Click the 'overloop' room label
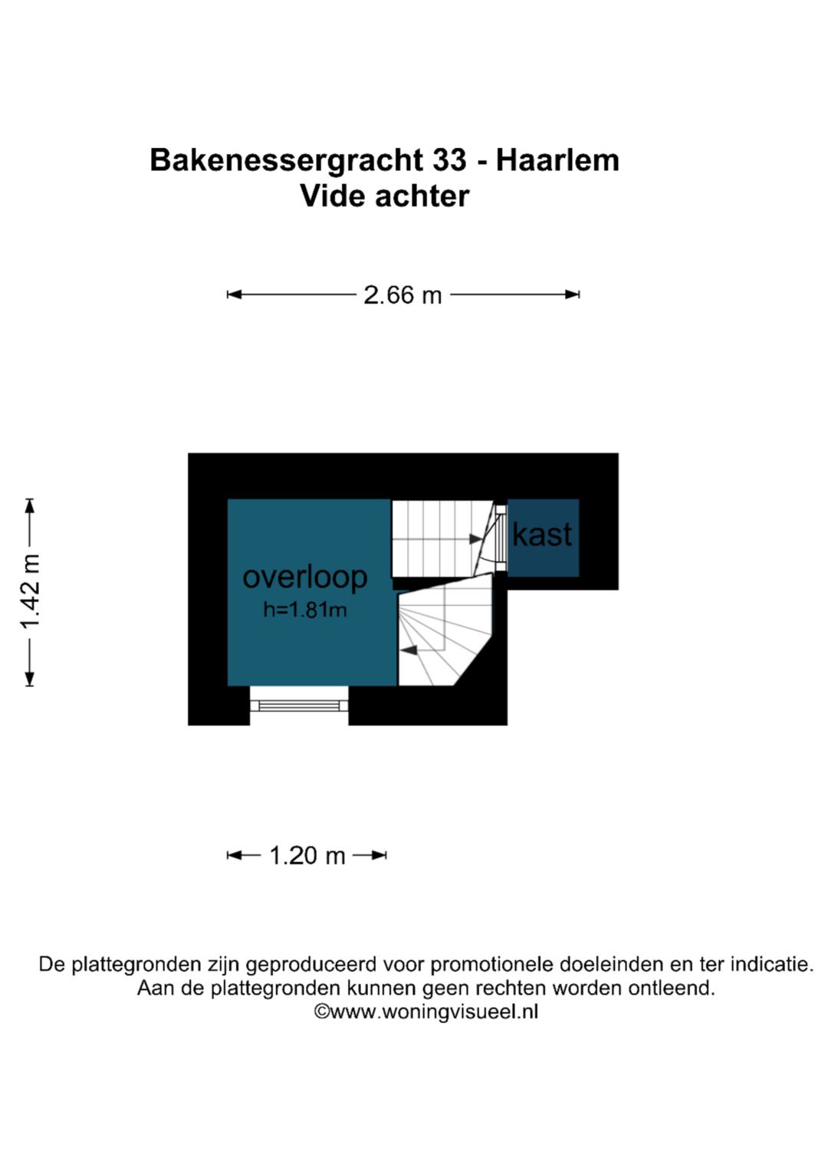(x=304, y=577)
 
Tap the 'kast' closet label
(x=542, y=535)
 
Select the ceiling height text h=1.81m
(x=304, y=610)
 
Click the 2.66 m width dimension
(x=402, y=294)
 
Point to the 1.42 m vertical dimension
(x=30, y=591)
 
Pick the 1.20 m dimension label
(x=307, y=855)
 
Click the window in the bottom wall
(x=299, y=705)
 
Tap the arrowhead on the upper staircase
(x=476, y=539)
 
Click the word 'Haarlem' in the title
(x=557, y=160)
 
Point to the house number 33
(x=449, y=160)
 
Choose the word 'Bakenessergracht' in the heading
(x=287, y=160)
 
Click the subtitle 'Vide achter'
(x=384, y=196)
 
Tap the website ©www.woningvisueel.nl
(x=426, y=1011)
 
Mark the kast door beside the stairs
(x=501, y=538)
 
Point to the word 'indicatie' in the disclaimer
(x=770, y=964)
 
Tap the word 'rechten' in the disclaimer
(x=512, y=988)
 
